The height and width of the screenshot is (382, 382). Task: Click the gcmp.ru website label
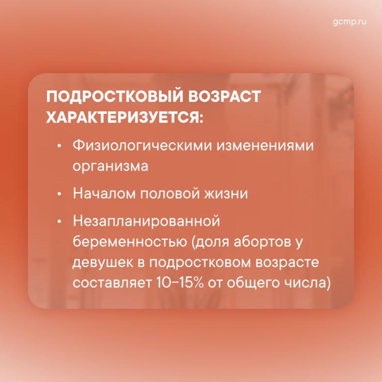pyautogui.click(x=349, y=22)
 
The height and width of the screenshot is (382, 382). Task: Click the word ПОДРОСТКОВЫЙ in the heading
pyautogui.click(x=115, y=96)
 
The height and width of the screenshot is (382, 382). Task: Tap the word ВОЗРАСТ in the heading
pyautogui.click(x=224, y=96)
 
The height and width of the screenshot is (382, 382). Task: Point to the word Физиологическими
pyautogui.click(x=143, y=146)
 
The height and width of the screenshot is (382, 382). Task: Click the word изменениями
pyautogui.click(x=265, y=146)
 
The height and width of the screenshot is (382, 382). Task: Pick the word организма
pyautogui.click(x=110, y=167)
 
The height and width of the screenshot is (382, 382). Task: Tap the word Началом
pyautogui.click(x=104, y=193)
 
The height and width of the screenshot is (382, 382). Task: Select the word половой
pyautogui.click(x=170, y=193)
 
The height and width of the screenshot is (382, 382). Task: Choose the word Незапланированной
pyautogui.click(x=146, y=221)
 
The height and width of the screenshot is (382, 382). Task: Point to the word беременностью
pyautogui.click(x=130, y=242)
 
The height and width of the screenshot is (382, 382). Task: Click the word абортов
pyautogui.click(x=263, y=242)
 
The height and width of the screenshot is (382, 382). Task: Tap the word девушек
pyautogui.click(x=105, y=263)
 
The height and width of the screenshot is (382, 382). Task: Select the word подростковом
pyautogui.click(x=199, y=263)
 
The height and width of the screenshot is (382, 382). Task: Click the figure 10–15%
pyautogui.click(x=180, y=283)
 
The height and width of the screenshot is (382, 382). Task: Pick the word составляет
pyautogui.click(x=112, y=284)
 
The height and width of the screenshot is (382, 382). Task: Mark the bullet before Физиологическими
pyautogui.click(x=59, y=146)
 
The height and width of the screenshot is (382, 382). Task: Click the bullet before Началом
pyautogui.click(x=59, y=194)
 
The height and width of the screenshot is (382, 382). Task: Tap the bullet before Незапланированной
pyautogui.click(x=59, y=222)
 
